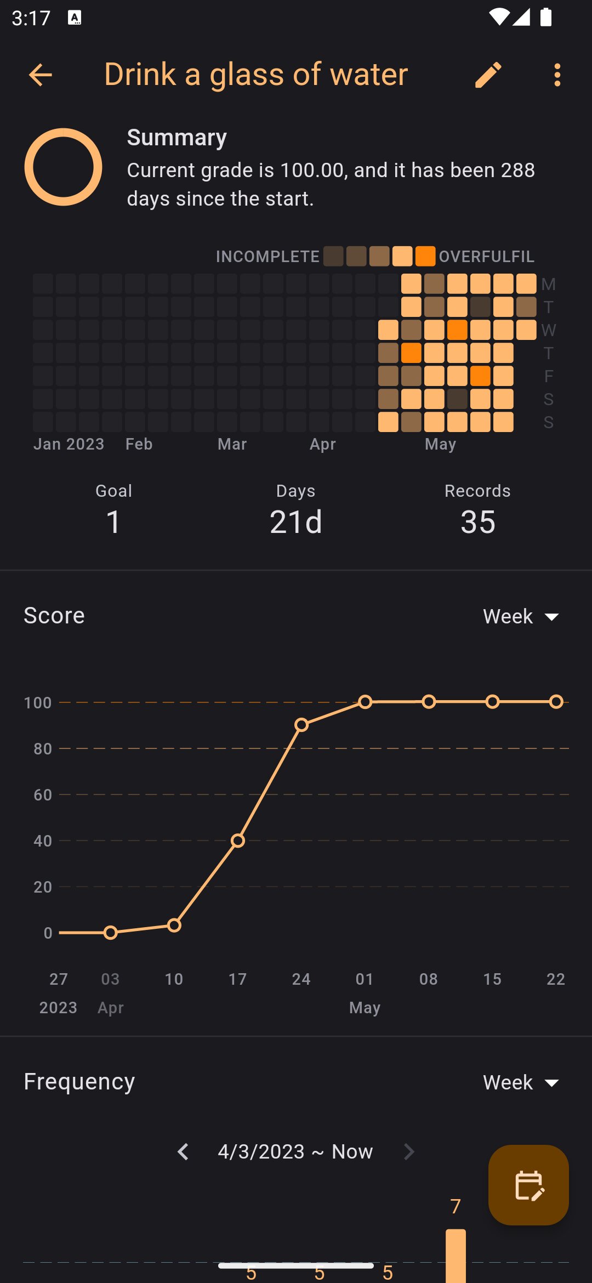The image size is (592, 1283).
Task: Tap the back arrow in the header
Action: tap(40, 75)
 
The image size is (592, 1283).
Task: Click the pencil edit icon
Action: tap(488, 75)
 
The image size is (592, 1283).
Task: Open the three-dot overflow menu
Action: tap(557, 75)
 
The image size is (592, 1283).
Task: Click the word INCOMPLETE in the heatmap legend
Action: tap(267, 256)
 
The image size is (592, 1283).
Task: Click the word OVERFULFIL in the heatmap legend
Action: tap(486, 256)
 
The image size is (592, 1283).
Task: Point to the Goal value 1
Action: tap(113, 521)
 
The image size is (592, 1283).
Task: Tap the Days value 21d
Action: tap(296, 521)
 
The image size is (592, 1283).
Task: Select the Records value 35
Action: tap(478, 521)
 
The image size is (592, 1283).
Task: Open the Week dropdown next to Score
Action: tap(521, 616)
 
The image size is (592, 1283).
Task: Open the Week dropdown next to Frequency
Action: tap(521, 1082)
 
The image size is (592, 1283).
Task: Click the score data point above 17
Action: tap(237, 841)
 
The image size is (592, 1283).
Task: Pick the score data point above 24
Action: tap(301, 725)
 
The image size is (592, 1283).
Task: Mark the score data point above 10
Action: tap(174, 926)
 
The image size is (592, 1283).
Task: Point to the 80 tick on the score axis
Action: tap(43, 748)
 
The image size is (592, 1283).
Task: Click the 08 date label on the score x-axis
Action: tap(429, 979)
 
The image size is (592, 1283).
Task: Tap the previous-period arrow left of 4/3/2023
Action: tap(183, 1151)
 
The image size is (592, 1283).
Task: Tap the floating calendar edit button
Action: tap(528, 1185)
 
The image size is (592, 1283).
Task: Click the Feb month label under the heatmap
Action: tap(139, 444)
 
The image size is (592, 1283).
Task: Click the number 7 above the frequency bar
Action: tap(456, 1206)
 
